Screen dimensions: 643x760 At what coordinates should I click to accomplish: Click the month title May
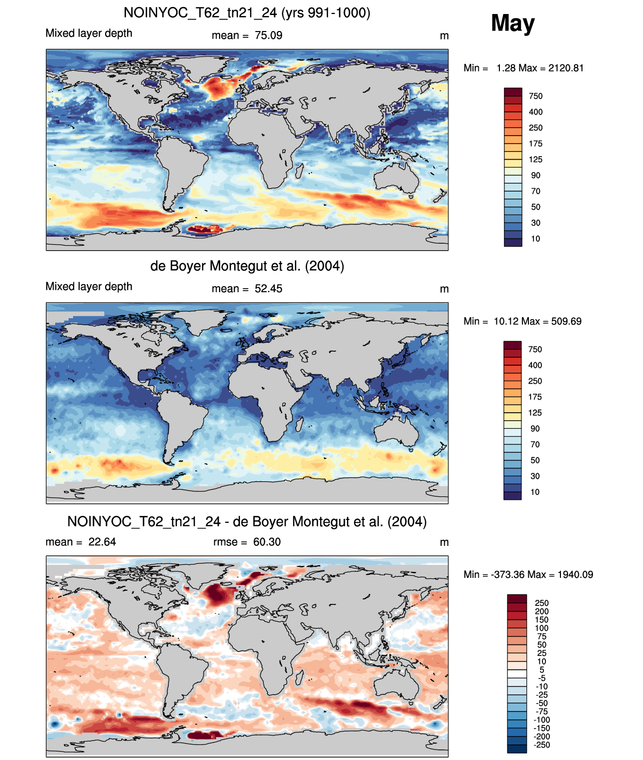click(x=512, y=24)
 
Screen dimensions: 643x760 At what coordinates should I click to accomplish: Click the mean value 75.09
click(x=268, y=36)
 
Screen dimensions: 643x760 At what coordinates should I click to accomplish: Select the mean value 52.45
click(x=268, y=289)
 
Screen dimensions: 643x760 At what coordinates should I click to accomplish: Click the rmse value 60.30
click(x=267, y=542)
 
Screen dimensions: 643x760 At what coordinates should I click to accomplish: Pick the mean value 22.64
click(x=102, y=542)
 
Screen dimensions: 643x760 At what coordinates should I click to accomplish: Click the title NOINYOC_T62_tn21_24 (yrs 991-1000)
click(x=247, y=13)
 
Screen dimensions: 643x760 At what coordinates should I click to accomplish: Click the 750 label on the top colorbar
click(x=535, y=96)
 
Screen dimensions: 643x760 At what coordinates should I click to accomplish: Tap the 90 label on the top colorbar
click(x=535, y=176)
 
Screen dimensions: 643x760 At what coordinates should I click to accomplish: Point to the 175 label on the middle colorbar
click(x=535, y=397)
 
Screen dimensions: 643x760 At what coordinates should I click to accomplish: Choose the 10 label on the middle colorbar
click(x=535, y=492)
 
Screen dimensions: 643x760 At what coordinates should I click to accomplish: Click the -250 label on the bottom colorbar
click(x=542, y=745)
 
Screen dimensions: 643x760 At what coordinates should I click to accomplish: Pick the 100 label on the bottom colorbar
click(x=541, y=628)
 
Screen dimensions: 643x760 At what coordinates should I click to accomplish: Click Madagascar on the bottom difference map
click(x=299, y=677)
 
